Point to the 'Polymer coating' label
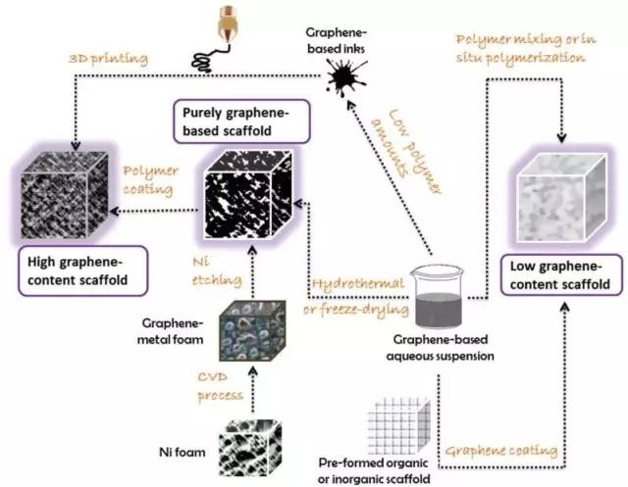(x=150, y=177)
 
